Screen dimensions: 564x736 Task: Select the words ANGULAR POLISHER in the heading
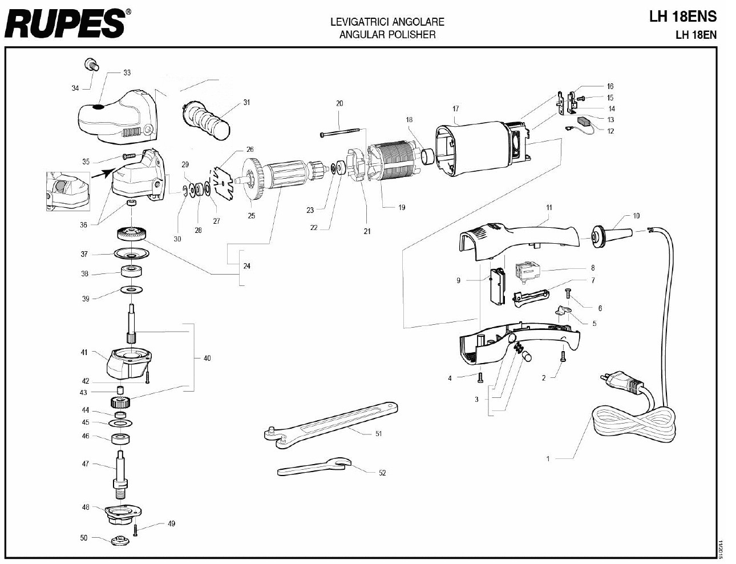387,35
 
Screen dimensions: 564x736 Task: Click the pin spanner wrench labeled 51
331,422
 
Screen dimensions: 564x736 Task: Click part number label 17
455,108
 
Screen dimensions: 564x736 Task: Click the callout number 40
207,358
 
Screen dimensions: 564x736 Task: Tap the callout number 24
246,266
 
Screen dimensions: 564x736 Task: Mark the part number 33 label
127,72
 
